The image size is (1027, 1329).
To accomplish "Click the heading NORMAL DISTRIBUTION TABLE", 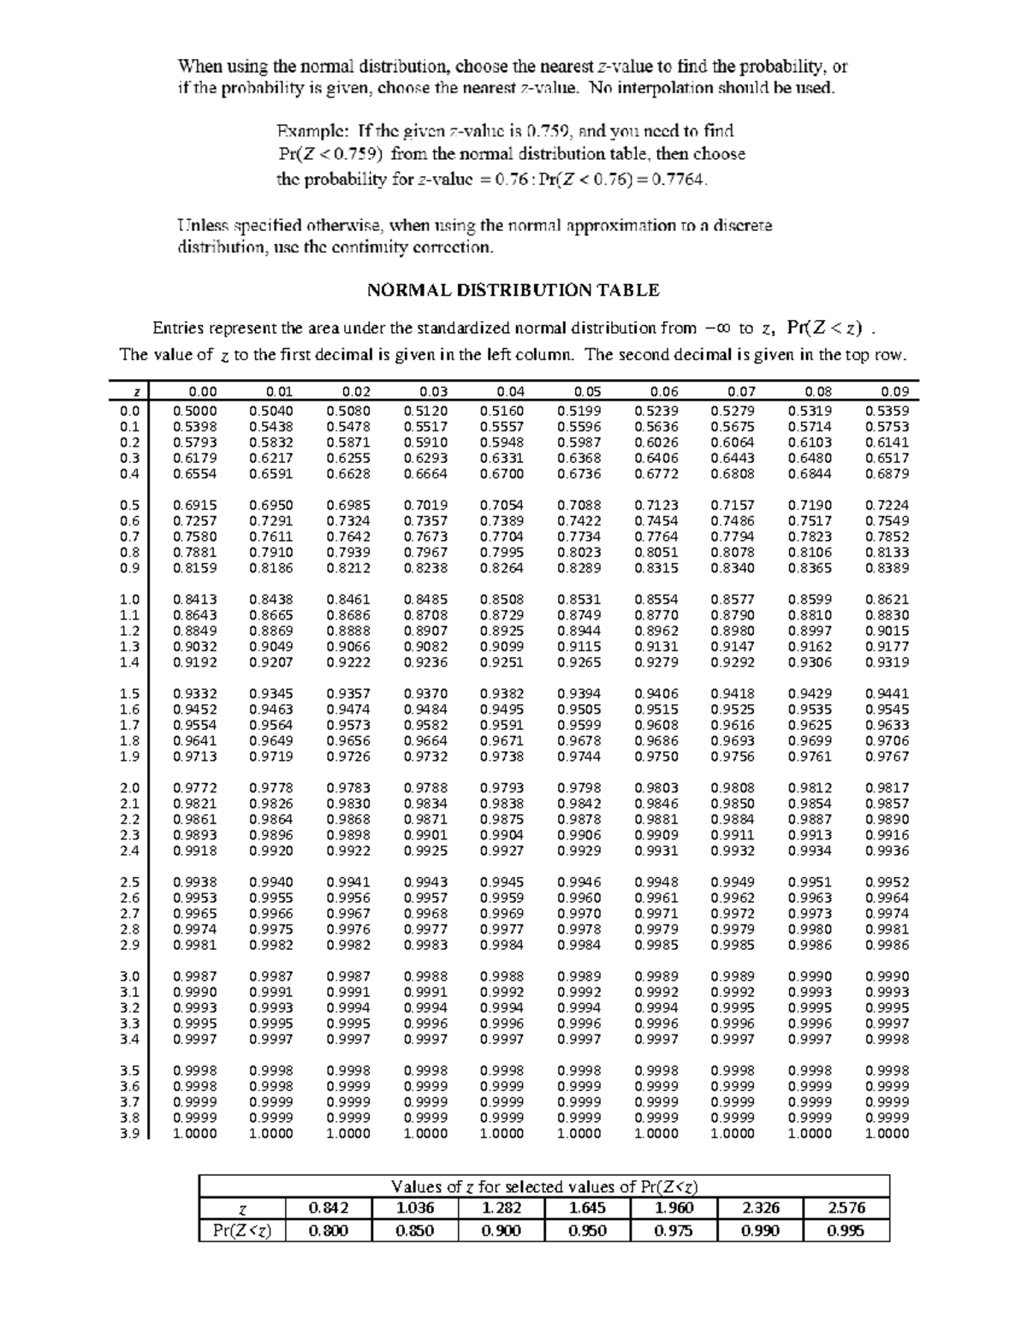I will [513, 290].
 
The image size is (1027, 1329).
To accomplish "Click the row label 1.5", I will [129, 694].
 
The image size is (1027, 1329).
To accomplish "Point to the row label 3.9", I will [129, 1134].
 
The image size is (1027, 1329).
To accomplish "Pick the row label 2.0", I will [129, 788].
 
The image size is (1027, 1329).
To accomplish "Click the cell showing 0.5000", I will [194, 411].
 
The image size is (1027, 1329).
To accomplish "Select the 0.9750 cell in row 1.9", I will [656, 756].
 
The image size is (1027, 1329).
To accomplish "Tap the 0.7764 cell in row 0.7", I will [656, 537].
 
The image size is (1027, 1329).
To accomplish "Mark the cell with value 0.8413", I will [194, 600].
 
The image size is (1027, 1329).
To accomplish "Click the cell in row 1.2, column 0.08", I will [810, 632].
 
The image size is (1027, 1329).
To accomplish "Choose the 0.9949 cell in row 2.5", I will [733, 882].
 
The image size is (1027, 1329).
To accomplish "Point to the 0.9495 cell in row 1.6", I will [502, 709].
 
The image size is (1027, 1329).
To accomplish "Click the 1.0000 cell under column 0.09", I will [887, 1134].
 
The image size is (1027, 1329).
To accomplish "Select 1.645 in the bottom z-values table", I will [587, 1208].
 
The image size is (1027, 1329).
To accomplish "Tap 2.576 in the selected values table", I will [846, 1208].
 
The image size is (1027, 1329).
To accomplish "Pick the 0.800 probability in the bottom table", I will [329, 1231].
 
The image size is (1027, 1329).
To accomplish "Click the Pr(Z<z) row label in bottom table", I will [242, 1231].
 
